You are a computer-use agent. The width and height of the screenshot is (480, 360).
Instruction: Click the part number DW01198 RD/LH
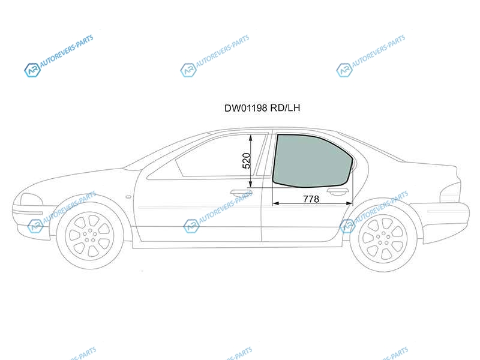point(262,108)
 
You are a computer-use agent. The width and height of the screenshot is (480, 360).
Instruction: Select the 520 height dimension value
point(247,161)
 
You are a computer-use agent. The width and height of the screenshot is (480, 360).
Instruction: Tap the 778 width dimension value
point(311,199)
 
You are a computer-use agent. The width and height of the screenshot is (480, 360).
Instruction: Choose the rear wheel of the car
point(383,238)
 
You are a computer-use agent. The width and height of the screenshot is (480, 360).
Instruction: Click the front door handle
point(241,193)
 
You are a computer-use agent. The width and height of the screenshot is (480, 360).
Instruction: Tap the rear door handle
point(338,192)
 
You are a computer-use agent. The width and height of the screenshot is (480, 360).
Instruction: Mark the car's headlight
point(31,200)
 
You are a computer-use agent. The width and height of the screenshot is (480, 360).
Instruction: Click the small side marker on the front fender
point(128,197)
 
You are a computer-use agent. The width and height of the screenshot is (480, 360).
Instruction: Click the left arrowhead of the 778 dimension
point(275,203)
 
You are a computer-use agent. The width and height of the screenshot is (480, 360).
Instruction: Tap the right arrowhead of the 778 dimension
point(349,203)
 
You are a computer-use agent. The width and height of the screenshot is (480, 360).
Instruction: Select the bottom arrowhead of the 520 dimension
point(250,184)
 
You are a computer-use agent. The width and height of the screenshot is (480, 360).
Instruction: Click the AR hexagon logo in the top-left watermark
point(32,70)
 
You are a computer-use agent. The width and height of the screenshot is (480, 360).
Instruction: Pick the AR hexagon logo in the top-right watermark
point(344,70)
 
